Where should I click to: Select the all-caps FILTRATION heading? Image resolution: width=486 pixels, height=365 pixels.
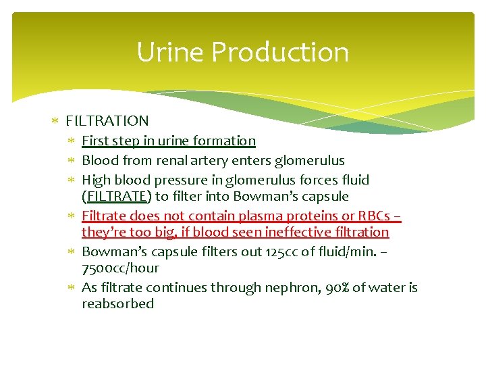107,121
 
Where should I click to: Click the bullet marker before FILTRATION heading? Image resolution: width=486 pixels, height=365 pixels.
56,122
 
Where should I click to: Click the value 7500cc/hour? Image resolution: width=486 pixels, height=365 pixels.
120,268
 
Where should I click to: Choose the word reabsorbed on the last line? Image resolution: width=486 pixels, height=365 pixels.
117,303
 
